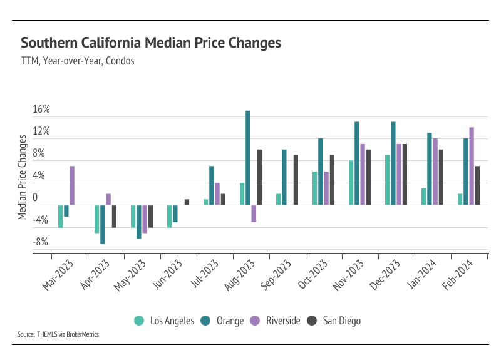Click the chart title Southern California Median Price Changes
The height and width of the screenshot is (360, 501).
pyautogui.click(x=151, y=43)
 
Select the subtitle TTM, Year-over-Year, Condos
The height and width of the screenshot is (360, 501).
pyautogui.click(x=78, y=61)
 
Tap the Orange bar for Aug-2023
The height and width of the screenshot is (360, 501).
pyautogui.click(x=248, y=158)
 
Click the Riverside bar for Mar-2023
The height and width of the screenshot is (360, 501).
pyautogui.click(x=72, y=185)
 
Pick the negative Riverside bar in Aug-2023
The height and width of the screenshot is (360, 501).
pyautogui.click(x=254, y=213)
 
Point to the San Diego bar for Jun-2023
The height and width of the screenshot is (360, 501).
pyautogui.click(x=187, y=202)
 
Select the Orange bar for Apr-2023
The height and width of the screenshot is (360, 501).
pyautogui.click(x=103, y=225)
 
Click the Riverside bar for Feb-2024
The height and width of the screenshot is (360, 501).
pyautogui.click(x=472, y=166)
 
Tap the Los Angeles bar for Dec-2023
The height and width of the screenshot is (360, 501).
pyautogui.click(x=387, y=180)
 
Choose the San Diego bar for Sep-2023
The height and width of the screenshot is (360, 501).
pyautogui.click(x=296, y=180)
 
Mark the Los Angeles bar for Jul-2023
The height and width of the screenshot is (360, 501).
pyautogui.click(x=206, y=202)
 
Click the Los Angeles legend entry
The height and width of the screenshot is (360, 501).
pyautogui.click(x=164, y=321)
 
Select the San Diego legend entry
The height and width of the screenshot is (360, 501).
pyautogui.click(x=334, y=321)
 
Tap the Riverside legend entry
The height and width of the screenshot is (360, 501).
pyautogui.click(x=275, y=321)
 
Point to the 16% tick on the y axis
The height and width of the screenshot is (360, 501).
pyautogui.click(x=41, y=109)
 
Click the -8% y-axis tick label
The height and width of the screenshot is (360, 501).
pyautogui.click(x=40, y=242)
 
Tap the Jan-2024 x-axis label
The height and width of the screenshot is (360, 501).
pyautogui.click(x=422, y=275)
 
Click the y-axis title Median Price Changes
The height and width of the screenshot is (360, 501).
pyautogui.click(x=22, y=177)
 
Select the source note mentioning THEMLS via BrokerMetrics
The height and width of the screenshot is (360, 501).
pyautogui.click(x=58, y=334)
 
